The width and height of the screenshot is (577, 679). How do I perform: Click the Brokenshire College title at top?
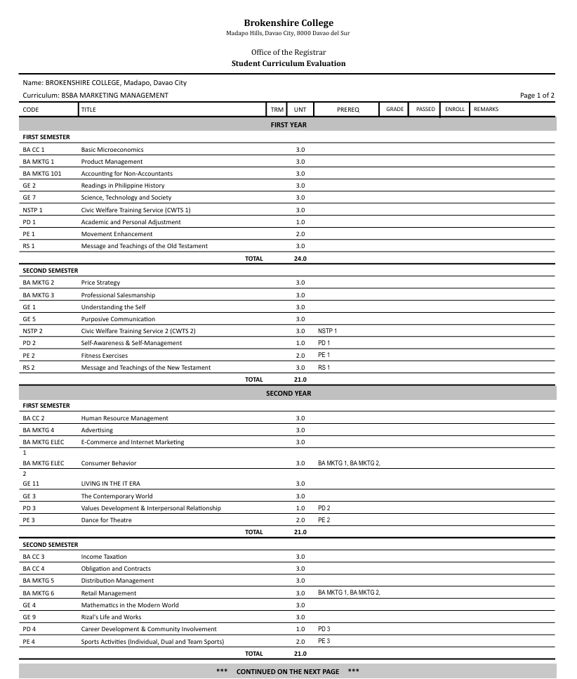point(288,23)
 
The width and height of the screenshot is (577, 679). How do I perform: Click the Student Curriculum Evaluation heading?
point(288,63)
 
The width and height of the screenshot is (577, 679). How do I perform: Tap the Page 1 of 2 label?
point(537,96)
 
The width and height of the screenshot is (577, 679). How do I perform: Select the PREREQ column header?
point(347,110)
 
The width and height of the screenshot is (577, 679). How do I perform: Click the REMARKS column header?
point(486,110)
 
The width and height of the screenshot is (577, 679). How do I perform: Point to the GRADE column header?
point(395,110)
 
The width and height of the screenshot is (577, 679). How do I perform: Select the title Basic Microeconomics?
point(112,150)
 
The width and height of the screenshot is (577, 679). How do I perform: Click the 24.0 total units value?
point(300,259)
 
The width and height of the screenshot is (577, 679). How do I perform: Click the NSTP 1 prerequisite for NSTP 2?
point(327,331)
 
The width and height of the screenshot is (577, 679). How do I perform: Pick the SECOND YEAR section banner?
point(288,394)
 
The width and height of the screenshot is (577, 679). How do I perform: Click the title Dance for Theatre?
point(106,520)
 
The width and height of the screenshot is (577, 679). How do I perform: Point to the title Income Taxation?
point(104,557)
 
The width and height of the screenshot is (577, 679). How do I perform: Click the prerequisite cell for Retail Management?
point(349,593)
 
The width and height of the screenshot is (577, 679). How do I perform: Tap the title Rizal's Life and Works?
point(111,617)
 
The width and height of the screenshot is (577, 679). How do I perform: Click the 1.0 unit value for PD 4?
point(300,629)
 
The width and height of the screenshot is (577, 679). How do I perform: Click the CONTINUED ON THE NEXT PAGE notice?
point(288,672)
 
